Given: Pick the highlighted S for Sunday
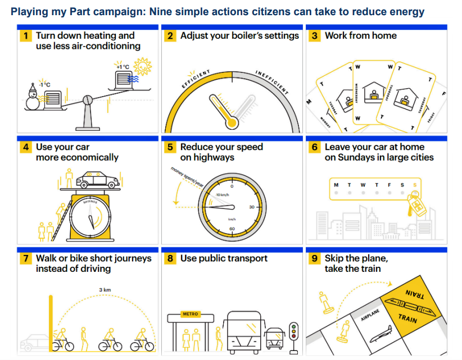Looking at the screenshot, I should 415,184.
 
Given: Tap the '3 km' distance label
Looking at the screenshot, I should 104,290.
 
